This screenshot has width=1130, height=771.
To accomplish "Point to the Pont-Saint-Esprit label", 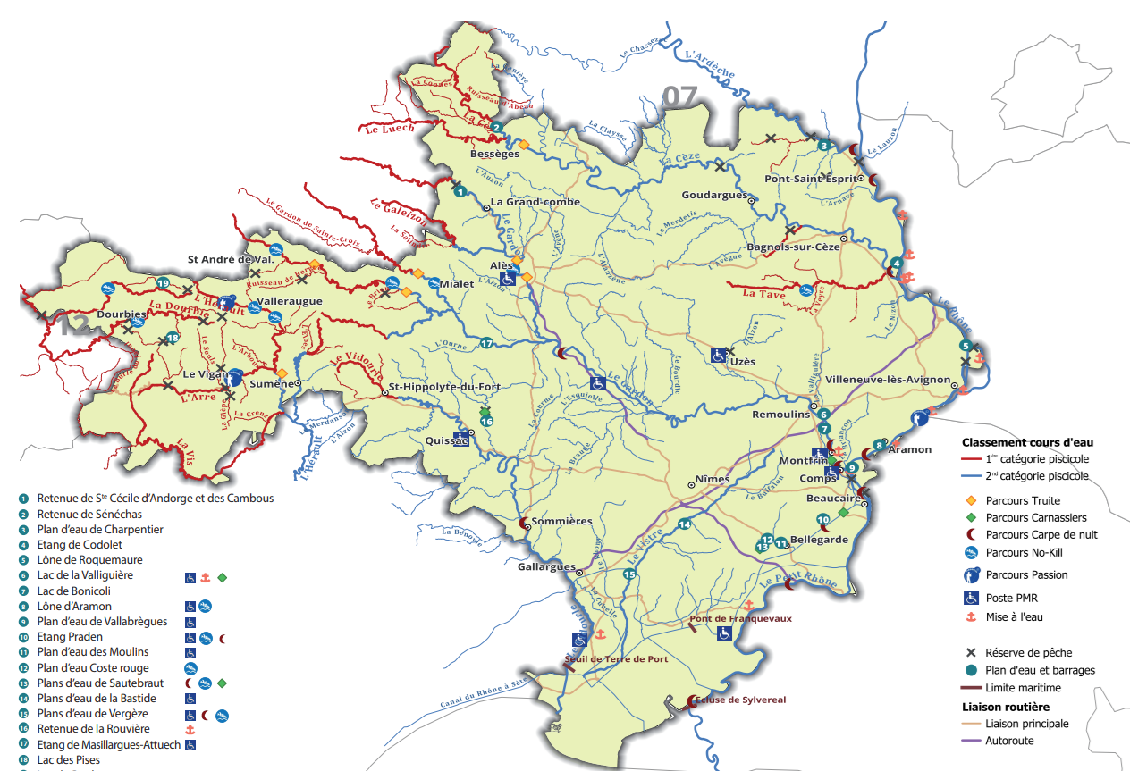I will point(811,178).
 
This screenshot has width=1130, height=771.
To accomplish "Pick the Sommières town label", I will point(561,521).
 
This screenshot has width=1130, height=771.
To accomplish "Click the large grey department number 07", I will point(679,96).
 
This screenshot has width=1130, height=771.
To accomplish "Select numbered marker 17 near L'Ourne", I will point(487,343).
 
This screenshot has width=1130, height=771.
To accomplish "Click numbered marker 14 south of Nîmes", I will point(685,524).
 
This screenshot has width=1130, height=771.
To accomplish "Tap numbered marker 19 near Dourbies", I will point(163,283).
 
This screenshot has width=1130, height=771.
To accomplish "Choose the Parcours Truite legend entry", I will point(1022,501).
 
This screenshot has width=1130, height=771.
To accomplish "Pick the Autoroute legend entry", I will point(1010,740).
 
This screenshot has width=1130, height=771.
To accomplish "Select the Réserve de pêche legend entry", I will point(1028,652).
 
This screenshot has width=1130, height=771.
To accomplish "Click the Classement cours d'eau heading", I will point(1026,441).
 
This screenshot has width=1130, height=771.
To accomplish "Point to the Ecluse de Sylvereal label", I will point(744,700).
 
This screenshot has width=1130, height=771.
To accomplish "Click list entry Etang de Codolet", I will point(80,545).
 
